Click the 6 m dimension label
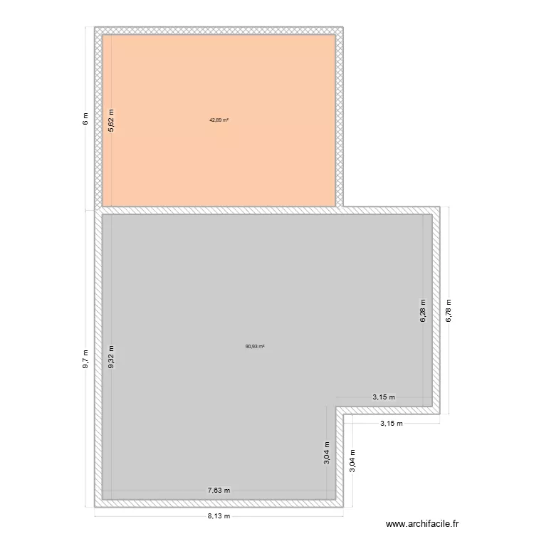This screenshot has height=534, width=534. pos(85,119)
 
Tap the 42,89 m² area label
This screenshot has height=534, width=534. pos(219,120)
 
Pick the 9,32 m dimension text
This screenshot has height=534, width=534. pos(110,357)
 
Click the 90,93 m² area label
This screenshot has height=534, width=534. pos(255,347)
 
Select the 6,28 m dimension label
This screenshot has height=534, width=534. pos(422,311)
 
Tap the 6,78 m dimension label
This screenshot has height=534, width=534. pos(448,310)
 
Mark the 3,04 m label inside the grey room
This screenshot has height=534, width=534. pos(327,453)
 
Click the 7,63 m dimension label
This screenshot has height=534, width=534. pos(219,490)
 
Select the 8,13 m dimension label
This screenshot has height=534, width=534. pos(219,515)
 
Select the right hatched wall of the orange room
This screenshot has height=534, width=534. pos(340,119)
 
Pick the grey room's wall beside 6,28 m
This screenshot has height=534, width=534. pos(435,311)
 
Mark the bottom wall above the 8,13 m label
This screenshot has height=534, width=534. pos(219,503)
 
